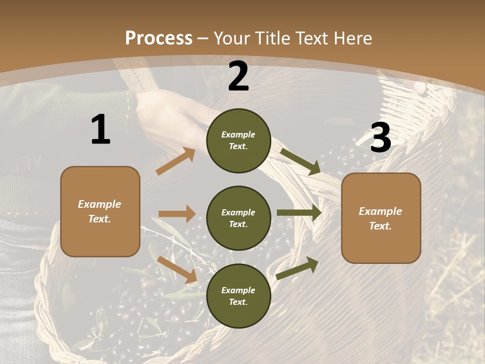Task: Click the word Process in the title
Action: (x=159, y=38)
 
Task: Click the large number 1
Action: (x=101, y=130)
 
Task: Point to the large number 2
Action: (x=238, y=76)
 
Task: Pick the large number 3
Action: (x=380, y=138)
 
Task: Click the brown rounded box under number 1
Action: (x=100, y=211)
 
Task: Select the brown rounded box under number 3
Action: (x=381, y=218)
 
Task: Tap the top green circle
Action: (x=238, y=141)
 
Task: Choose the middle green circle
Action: (x=238, y=218)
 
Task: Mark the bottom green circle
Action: (x=238, y=296)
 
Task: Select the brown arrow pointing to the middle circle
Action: (x=177, y=214)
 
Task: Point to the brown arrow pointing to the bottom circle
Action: (x=177, y=269)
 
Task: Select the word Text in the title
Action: (x=310, y=38)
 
